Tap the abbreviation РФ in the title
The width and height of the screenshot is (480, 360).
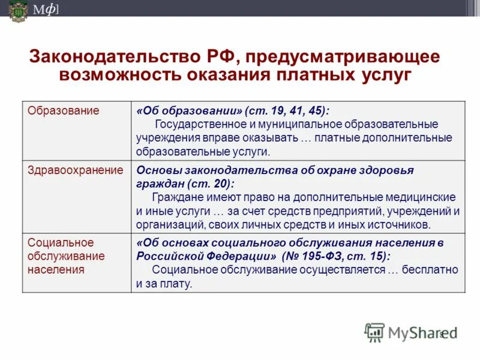217,57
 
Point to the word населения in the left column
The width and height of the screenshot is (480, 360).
56,269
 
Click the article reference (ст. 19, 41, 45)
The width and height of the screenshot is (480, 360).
287,111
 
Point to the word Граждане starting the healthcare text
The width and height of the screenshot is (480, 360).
174,197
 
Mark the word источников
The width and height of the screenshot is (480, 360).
400,224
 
